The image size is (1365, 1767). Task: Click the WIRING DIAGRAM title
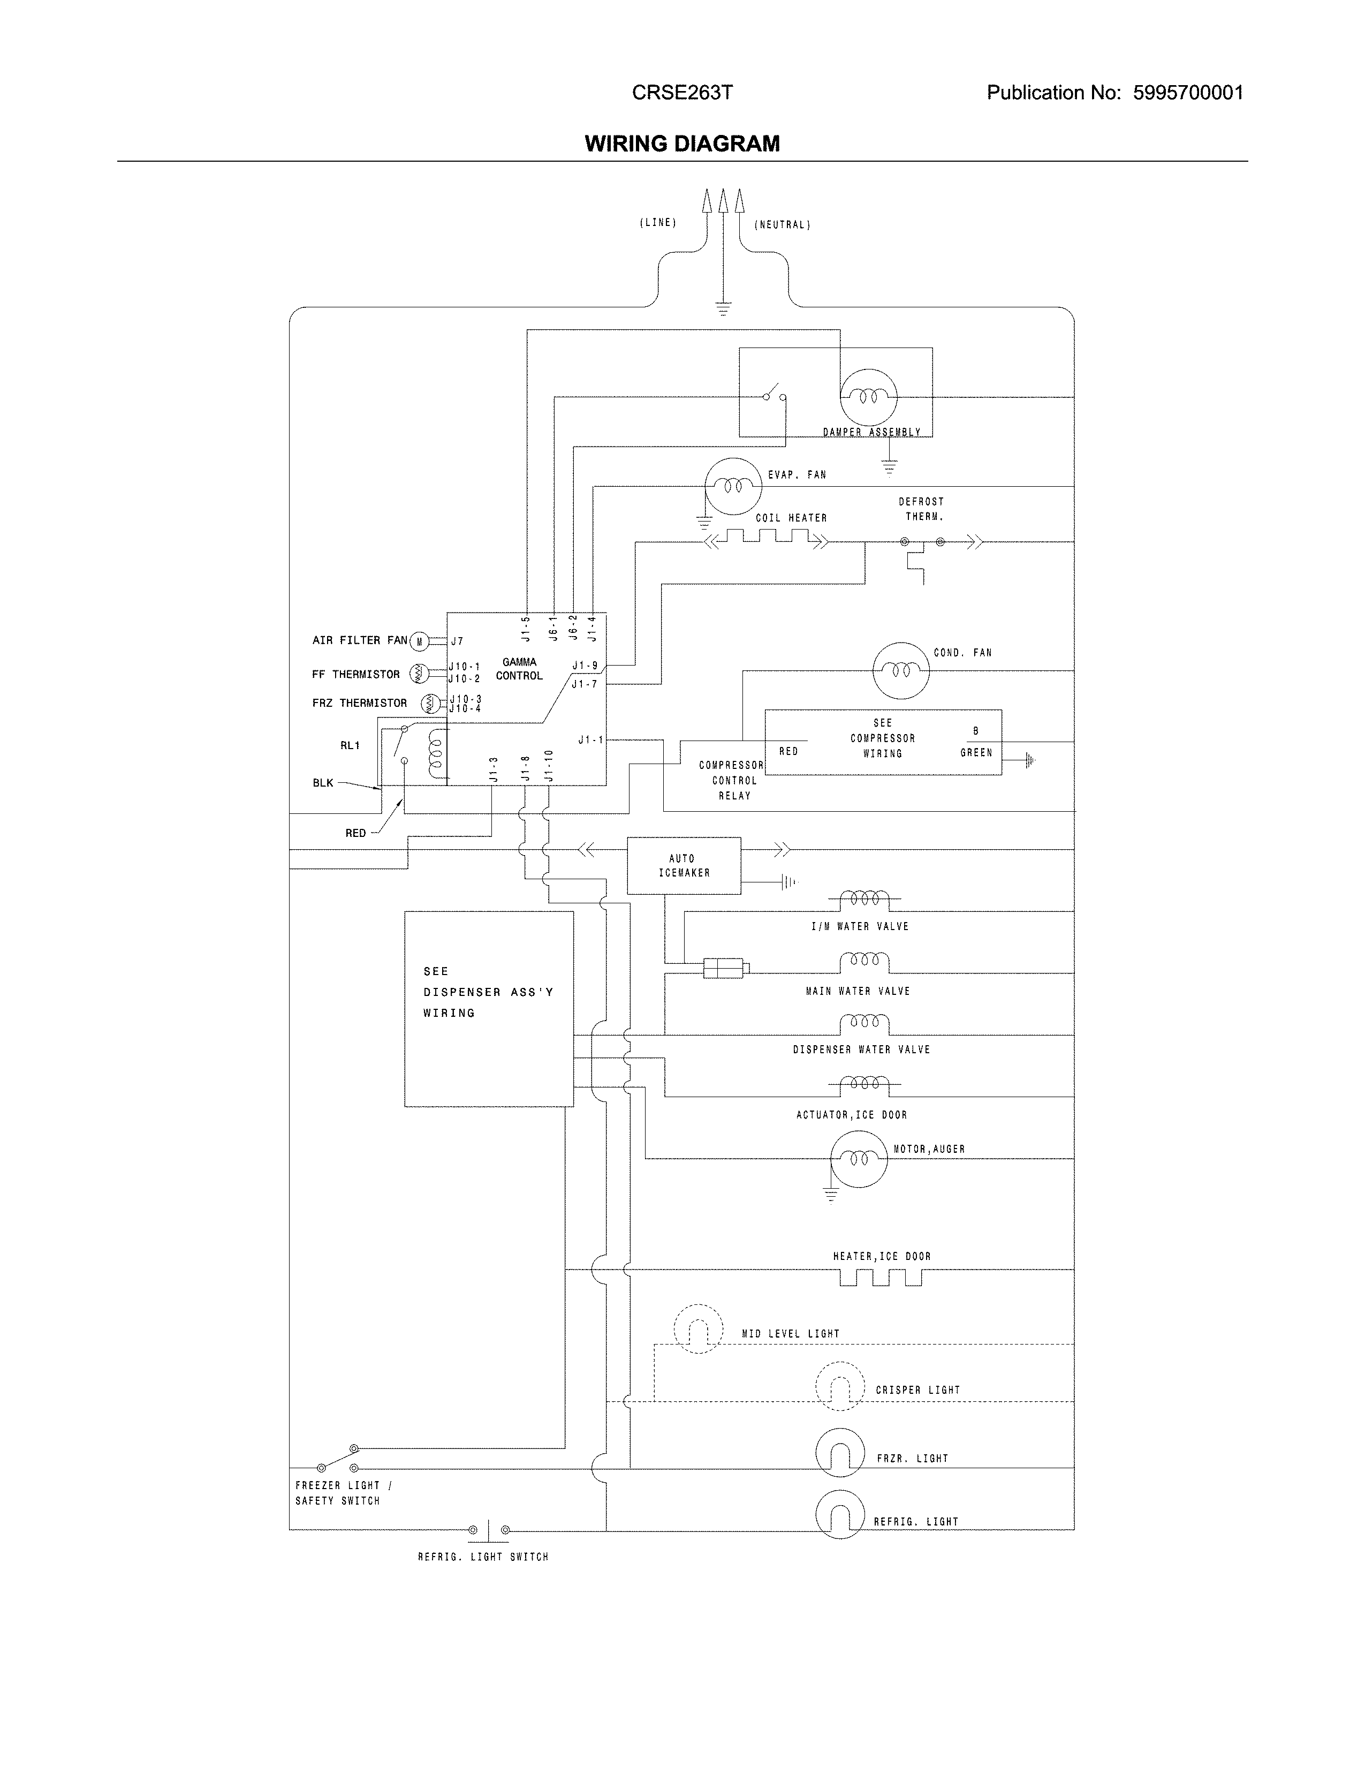[x=681, y=144]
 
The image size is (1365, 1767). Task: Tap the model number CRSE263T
[x=681, y=93]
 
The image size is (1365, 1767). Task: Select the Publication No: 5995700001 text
[x=1114, y=93]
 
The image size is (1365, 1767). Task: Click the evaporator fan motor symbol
[x=733, y=486]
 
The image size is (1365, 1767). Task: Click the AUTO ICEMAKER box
[x=684, y=866]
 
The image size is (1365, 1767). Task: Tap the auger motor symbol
[x=858, y=1159]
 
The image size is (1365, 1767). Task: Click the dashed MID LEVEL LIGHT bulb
[x=697, y=1328]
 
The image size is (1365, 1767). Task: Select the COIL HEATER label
[x=791, y=518]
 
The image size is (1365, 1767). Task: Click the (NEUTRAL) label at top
[x=782, y=225]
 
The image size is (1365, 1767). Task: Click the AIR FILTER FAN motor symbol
[x=419, y=641]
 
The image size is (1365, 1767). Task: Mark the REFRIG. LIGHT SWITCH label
[x=483, y=1557]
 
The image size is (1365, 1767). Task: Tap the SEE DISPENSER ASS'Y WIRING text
[x=488, y=992]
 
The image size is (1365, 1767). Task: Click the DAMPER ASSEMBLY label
[x=871, y=432]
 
